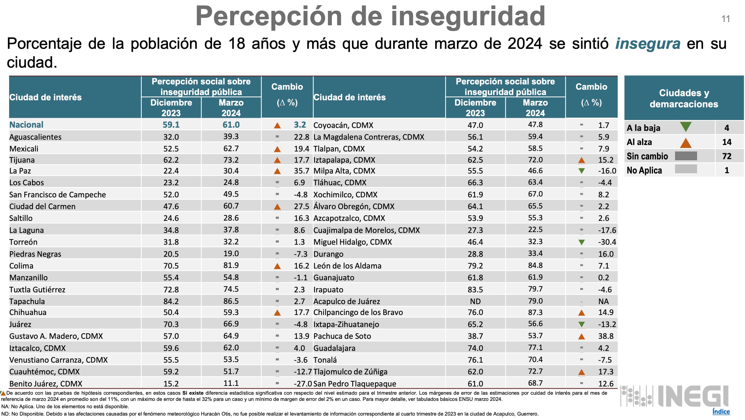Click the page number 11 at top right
726,19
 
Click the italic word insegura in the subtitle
648,44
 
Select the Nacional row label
26,125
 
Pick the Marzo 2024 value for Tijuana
231,160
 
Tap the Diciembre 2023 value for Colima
171,266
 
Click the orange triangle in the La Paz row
277,171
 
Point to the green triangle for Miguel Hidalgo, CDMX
581,242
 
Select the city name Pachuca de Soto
342,336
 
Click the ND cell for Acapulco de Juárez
475,301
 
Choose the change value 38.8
606,336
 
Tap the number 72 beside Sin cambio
726,156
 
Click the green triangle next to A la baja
685,127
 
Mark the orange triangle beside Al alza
685,143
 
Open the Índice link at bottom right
721,411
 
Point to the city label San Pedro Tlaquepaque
355,384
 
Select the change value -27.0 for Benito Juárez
303,384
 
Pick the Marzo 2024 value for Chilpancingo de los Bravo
535,312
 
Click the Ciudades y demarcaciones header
684,98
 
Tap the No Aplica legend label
644,170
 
